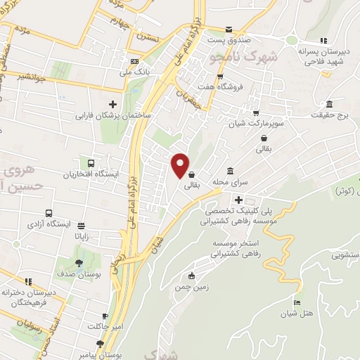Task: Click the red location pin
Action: tap(181, 166)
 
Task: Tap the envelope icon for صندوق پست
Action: tap(229, 30)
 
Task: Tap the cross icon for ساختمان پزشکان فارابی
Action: tap(112, 105)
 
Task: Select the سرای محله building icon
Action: tap(230, 172)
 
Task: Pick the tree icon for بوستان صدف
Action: tap(79, 262)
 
